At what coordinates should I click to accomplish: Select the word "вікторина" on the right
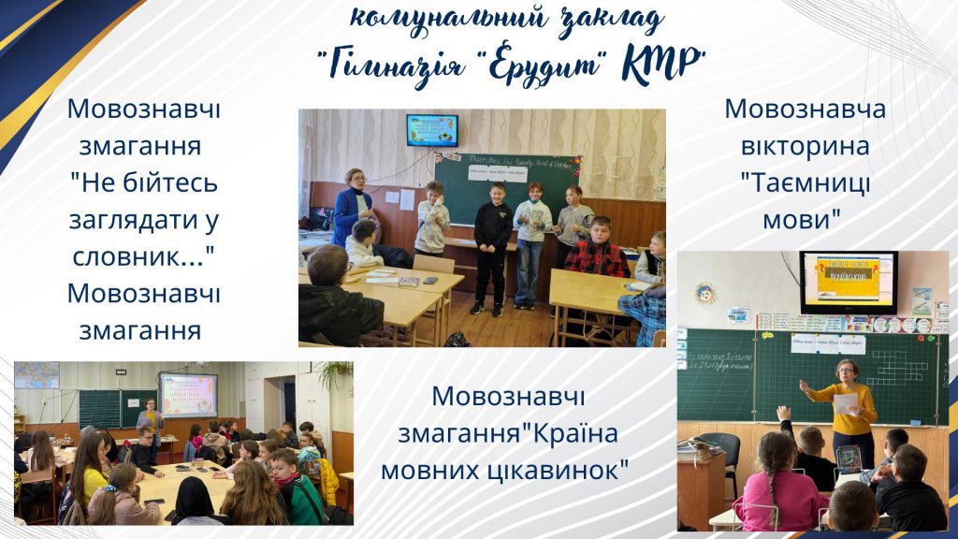click(805, 147)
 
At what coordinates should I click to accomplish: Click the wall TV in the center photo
click(431, 129)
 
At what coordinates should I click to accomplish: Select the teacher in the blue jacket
click(353, 208)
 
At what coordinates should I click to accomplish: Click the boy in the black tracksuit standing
click(492, 251)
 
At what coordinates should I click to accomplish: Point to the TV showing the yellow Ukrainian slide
click(848, 281)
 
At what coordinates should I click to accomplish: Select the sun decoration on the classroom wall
click(705, 293)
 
